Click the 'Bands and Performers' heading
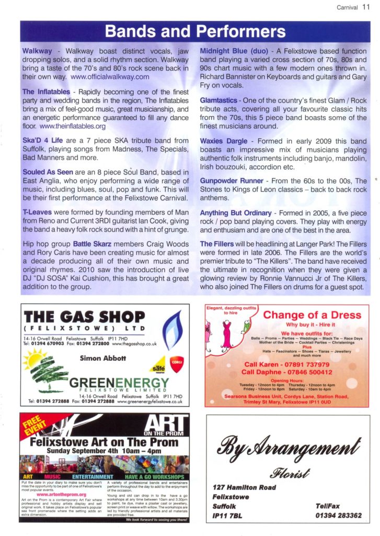[195, 31]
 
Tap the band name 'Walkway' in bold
[37, 51]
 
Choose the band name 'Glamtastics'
[220, 99]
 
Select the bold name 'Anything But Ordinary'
[236, 213]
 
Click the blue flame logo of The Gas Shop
[171, 330]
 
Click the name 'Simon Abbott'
[103, 358]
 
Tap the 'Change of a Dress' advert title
[312, 315]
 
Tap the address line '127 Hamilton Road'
[247, 486]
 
